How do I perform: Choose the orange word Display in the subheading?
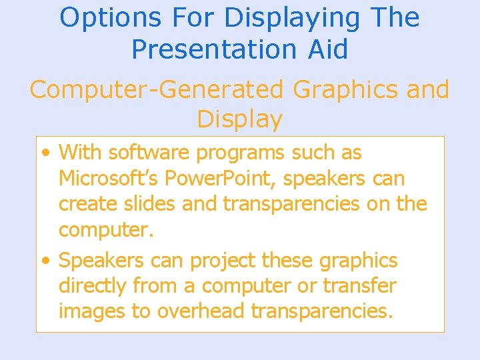pos(239,119)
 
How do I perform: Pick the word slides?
pos(151,204)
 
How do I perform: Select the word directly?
pos(93,285)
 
